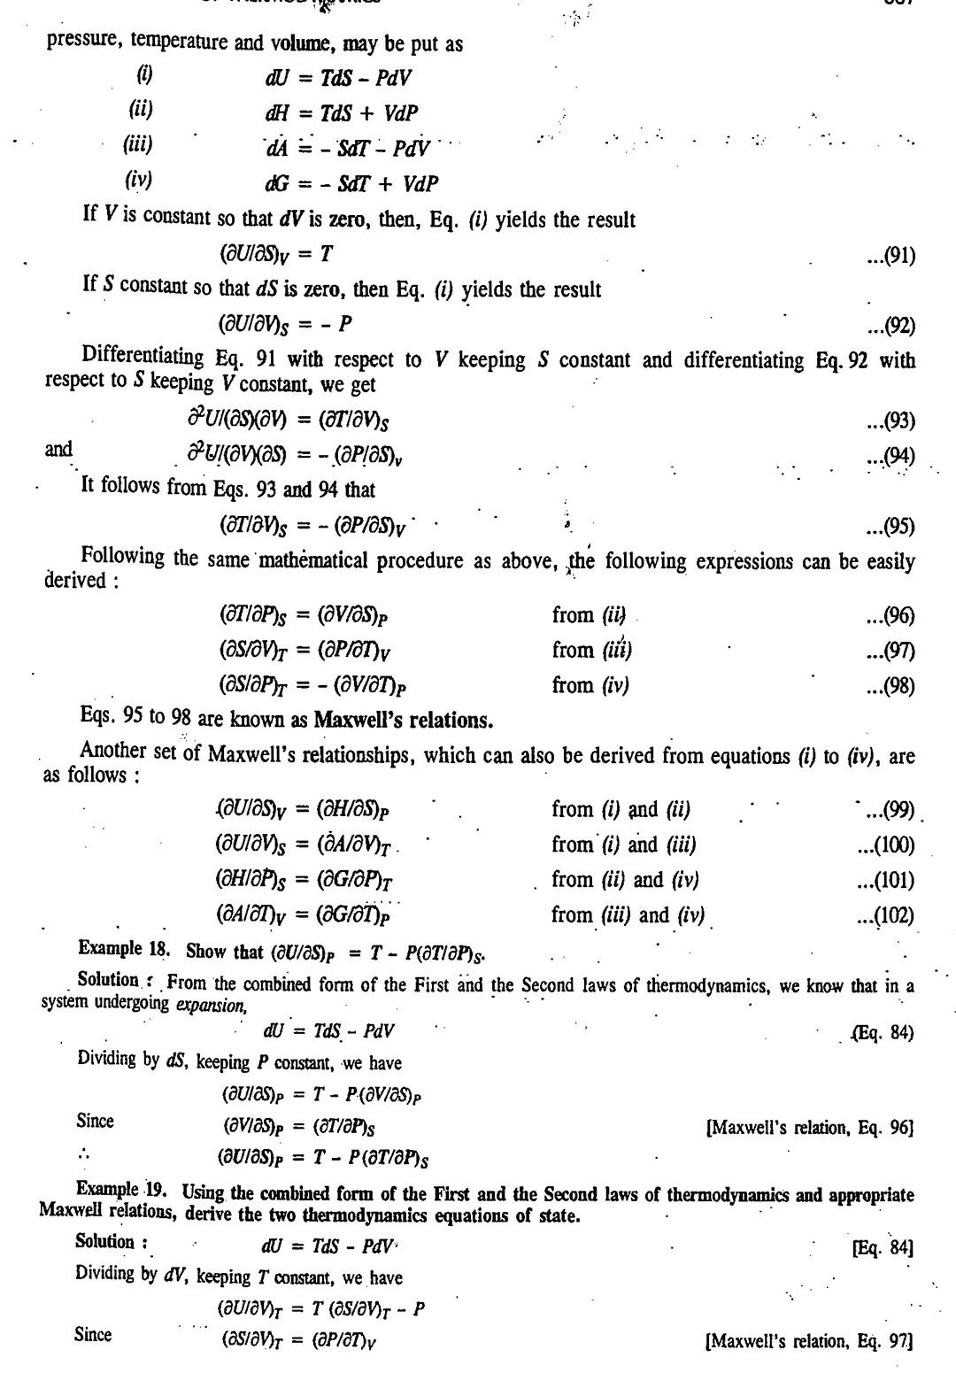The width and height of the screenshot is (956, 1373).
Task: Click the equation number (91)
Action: point(890,257)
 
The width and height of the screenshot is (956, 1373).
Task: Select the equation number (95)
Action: point(890,528)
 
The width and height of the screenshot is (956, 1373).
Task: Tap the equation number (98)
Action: point(890,686)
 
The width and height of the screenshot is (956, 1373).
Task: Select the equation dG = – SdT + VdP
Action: point(351,183)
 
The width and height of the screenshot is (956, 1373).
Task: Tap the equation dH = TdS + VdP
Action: point(341,113)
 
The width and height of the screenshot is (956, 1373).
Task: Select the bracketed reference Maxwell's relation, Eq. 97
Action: point(808,1341)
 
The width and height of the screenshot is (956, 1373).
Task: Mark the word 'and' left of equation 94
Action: point(58,450)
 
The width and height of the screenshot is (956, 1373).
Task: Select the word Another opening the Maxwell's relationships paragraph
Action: point(112,751)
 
